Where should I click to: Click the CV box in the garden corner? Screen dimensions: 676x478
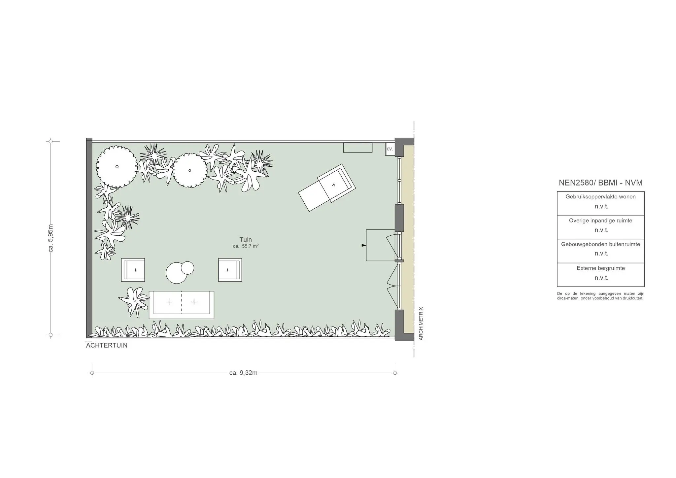click(390, 149)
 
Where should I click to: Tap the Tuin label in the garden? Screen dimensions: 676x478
click(246, 240)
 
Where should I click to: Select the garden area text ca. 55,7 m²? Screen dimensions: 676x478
click(246, 246)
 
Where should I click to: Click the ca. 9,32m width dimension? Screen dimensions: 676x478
click(243, 373)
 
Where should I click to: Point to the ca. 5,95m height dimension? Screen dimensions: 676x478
click(51, 238)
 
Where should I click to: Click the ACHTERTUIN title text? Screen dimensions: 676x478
click(107, 346)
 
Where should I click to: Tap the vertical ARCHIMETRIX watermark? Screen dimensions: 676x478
click(421, 324)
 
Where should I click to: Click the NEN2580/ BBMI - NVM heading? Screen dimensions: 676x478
click(600, 183)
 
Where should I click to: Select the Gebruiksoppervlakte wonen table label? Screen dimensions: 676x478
click(600, 197)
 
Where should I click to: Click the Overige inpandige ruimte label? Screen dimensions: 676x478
click(600, 221)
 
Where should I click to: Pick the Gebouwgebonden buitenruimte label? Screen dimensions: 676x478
click(600, 244)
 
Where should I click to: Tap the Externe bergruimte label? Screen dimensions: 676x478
click(601, 268)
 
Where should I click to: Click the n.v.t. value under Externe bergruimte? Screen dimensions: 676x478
click(601, 278)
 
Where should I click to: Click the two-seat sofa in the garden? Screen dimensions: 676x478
click(182, 305)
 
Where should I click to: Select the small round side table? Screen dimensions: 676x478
click(187, 268)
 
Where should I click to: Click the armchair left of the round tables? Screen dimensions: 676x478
click(133, 270)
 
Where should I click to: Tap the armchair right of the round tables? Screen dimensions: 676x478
click(230, 270)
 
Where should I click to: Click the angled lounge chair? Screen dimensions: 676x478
click(327, 188)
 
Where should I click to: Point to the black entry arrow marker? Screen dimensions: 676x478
click(364, 245)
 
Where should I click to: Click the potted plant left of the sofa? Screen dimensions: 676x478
click(134, 301)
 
